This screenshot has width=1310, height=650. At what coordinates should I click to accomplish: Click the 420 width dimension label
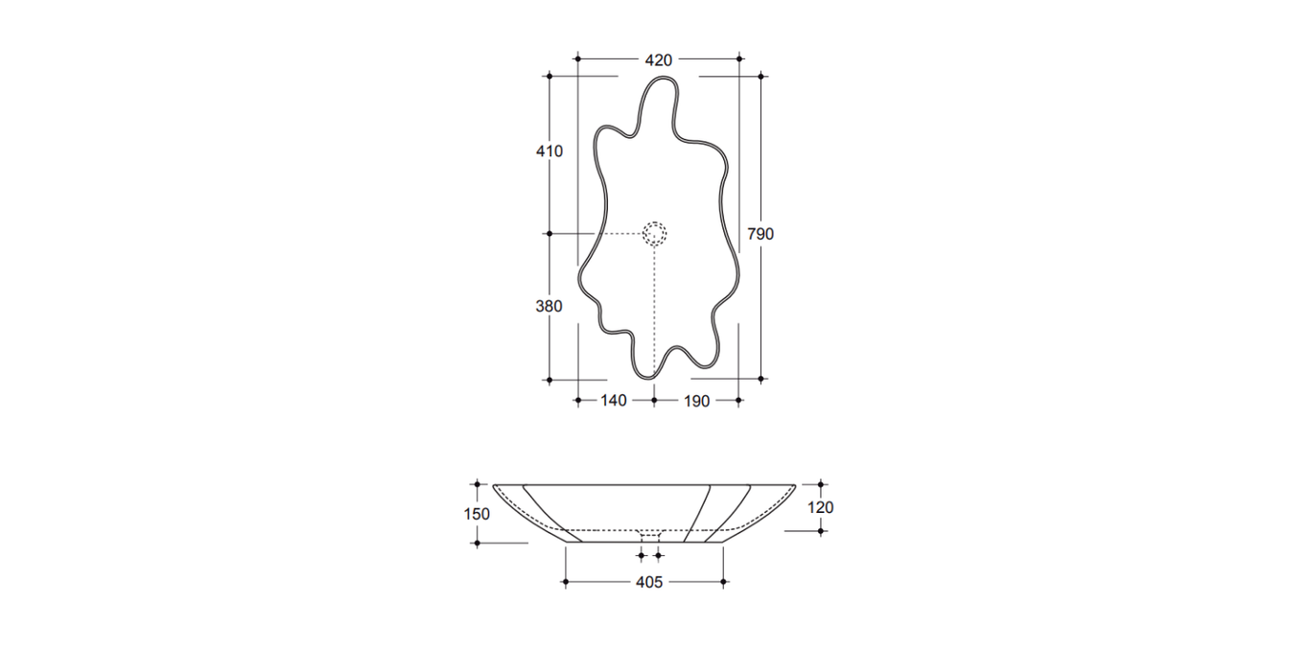(658, 59)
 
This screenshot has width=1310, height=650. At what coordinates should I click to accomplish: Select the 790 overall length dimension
(760, 234)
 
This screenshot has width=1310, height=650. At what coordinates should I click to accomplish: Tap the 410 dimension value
(550, 151)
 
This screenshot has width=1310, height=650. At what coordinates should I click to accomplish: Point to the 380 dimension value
(550, 306)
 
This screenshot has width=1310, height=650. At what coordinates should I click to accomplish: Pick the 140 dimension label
(614, 401)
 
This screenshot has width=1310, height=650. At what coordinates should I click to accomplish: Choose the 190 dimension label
(697, 401)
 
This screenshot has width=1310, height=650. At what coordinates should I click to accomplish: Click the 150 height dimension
(477, 514)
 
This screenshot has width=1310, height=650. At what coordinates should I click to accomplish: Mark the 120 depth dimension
(821, 508)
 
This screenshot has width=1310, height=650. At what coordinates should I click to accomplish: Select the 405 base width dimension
(649, 582)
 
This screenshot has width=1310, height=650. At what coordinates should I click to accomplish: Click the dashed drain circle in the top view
(654, 233)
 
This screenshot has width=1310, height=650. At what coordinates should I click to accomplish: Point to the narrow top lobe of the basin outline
(659, 96)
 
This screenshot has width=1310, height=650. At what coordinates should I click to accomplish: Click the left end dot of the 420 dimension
(577, 59)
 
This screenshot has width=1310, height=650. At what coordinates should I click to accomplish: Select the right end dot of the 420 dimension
(739, 59)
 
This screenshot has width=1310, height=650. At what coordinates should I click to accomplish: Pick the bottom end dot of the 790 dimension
(761, 380)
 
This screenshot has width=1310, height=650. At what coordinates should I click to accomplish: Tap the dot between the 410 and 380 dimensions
(550, 233)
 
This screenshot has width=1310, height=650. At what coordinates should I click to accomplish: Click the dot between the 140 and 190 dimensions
(654, 400)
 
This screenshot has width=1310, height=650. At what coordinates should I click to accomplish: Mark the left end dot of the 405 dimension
(567, 582)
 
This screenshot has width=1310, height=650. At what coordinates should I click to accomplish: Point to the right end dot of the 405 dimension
(724, 582)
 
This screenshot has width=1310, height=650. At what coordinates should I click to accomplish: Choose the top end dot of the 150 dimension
(477, 485)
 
